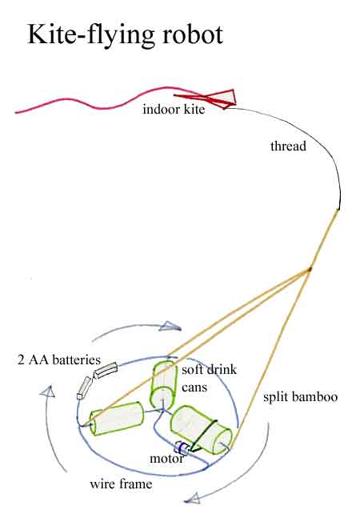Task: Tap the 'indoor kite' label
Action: [x=174, y=109]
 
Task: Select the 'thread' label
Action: [x=288, y=147]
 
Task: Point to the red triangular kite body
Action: [x=220, y=98]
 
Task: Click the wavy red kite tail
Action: [x=100, y=99]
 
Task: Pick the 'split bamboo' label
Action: [x=301, y=397]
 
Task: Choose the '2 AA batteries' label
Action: [x=59, y=359]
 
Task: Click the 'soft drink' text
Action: [x=210, y=369]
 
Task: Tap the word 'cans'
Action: [x=194, y=387]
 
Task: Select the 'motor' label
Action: [x=166, y=459]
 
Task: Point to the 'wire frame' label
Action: [x=121, y=484]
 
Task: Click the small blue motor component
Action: [x=182, y=448]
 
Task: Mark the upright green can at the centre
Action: [x=163, y=384]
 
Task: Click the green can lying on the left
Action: [x=117, y=419]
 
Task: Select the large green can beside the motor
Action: [x=201, y=430]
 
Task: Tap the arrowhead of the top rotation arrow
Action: [x=170, y=327]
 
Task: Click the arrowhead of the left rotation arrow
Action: [x=48, y=391]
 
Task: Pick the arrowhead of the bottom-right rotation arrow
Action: [x=192, y=498]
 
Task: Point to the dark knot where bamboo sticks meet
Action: [x=310, y=269]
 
